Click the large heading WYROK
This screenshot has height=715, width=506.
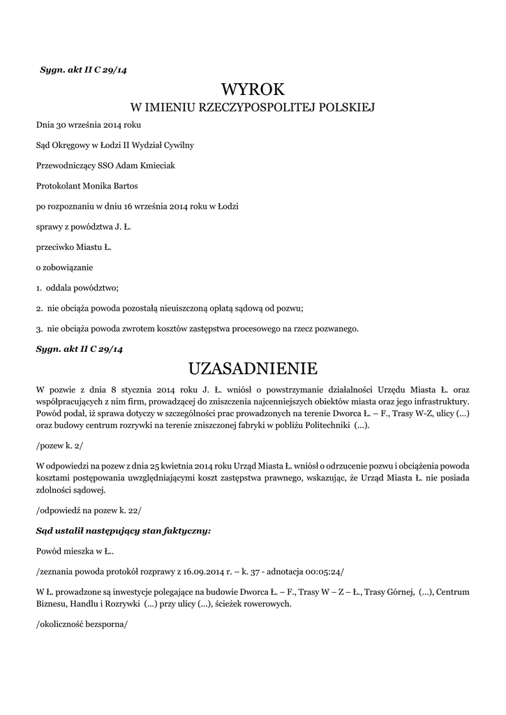[253, 89]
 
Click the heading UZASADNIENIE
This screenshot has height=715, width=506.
[253, 367]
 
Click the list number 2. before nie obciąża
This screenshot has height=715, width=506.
[40, 308]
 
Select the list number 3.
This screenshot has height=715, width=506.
[40, 328]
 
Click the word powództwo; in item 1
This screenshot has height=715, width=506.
[97, 288]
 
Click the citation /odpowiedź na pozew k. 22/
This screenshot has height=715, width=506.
[89, 510]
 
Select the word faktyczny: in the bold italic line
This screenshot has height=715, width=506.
[184, 531]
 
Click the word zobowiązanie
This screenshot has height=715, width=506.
[70, 267]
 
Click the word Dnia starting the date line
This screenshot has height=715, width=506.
[45, 125]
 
